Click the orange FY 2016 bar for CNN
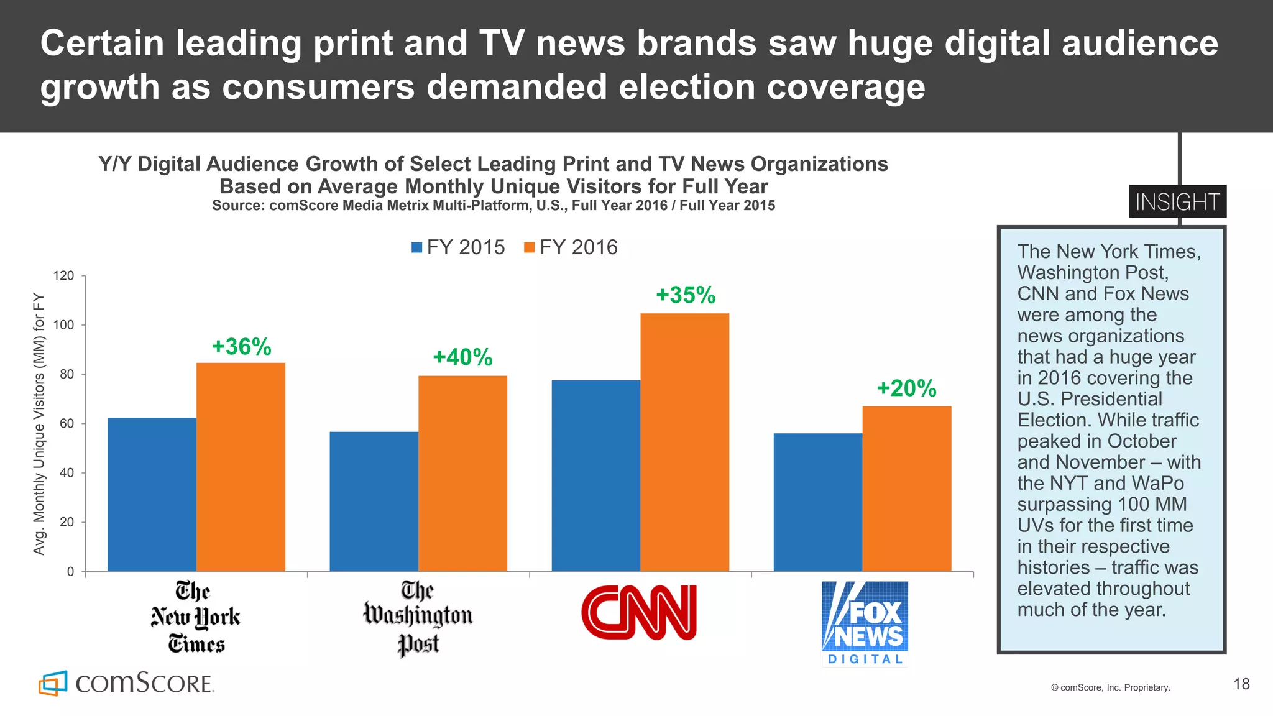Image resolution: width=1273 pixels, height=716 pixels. pos(684,442)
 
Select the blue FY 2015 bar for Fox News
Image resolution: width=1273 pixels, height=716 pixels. pos(817,502)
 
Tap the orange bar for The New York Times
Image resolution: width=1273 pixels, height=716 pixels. pos(241,467)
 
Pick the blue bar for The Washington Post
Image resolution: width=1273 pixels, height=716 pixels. pos(374,501)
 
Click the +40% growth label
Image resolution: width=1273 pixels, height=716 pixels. pos(462,357)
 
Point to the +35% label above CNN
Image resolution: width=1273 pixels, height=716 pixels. pos(686,295)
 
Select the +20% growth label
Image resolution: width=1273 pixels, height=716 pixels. pos(906,388)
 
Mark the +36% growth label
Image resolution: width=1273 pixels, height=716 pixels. pos(241,347)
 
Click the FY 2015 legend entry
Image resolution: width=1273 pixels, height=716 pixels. pos(458,247)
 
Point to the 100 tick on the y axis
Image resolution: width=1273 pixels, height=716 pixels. pos(63,325)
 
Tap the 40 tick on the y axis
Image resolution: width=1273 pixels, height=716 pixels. pos(67,473)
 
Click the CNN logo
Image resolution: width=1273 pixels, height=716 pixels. pos(639,612)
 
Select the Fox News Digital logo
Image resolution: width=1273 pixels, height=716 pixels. pos(865,623)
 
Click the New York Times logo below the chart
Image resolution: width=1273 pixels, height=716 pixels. pos(195,617)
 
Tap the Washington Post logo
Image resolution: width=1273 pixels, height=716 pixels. pos(418,617)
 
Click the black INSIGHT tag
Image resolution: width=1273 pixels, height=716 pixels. pos(1177,201)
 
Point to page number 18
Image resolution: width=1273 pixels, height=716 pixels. pos(1241,684)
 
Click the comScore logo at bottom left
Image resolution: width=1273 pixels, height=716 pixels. pos(126,683)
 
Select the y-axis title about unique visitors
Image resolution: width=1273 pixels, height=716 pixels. pos(39,424)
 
